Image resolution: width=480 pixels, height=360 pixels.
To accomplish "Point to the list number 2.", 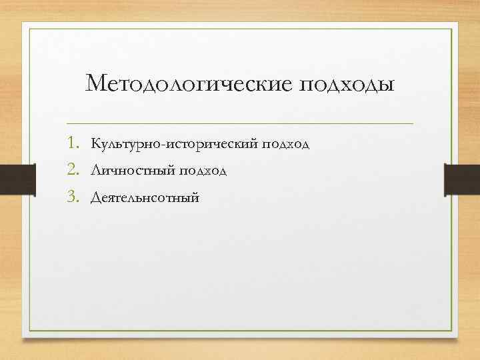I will pyautogui.click(x=73, y=171).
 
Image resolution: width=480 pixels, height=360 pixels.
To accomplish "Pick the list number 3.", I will pyautogui.click(x=73, y=197).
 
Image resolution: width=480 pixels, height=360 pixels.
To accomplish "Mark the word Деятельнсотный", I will pyautogui.click(x=145, y=198).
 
